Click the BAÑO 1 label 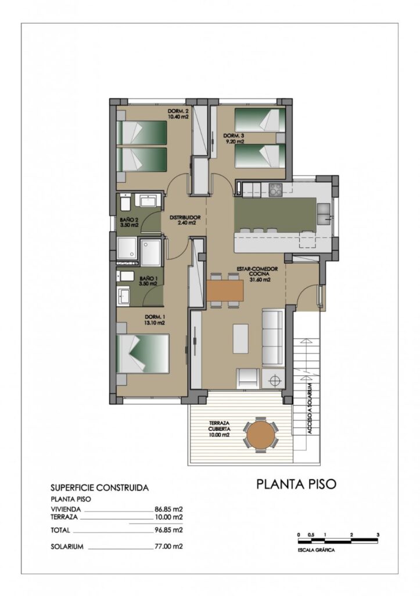[148, 281]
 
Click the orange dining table [225, 290]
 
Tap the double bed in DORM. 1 [143, 353]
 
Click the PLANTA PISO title [296, 484]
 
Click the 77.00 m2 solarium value [168, 547]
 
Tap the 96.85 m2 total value [168, 530]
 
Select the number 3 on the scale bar [378, 534]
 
